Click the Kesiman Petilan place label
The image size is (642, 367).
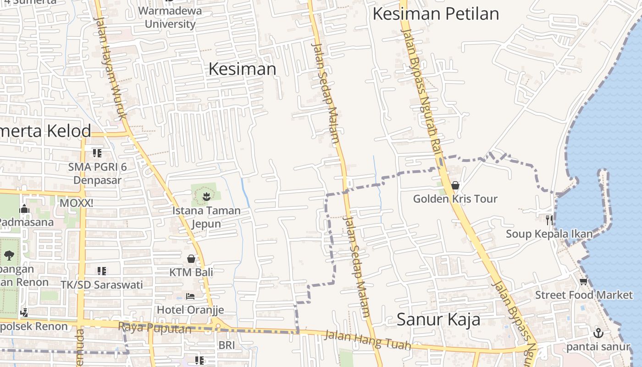pyautogui.click(x=436, y=14)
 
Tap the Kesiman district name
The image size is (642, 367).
pyautogui.click(x=242, y=69)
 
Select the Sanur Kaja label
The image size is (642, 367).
pyautogui.click(x=438, y=319)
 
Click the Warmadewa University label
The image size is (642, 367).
pyautogui.click(x=170, y=17)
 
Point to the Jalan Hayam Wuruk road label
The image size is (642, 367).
pyautogui.click(x=110, y=69)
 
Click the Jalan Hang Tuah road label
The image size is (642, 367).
pyautogui.click(x=367, y=340)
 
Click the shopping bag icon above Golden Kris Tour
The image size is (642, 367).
pyautogui.click(x=455, y=185)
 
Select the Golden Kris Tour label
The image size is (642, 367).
pyautogui.click(x=455, y=199)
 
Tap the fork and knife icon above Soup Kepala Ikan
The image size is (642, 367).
pyautogui.click(x=549, y=220)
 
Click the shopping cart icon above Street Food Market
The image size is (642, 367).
pyautogui.click(x=583, y=281)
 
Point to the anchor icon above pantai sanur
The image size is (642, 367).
pyautogui.click(x=598, y=333)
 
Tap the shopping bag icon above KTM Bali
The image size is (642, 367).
pyautogui.click(x=191, y=259)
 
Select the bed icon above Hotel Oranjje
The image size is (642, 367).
pyautogui.click(x=190, y=296)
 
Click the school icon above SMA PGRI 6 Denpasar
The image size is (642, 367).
pyautogui.click(x=97, y=153)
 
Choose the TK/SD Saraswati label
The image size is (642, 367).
pyautogui.click(x=102, y=284)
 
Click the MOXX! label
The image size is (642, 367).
pyautogui.click(x=76, y=202)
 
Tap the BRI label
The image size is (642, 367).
pyautogui.click(x=227, y=345)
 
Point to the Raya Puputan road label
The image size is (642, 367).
pyautogui.click(x=155, y=328)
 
